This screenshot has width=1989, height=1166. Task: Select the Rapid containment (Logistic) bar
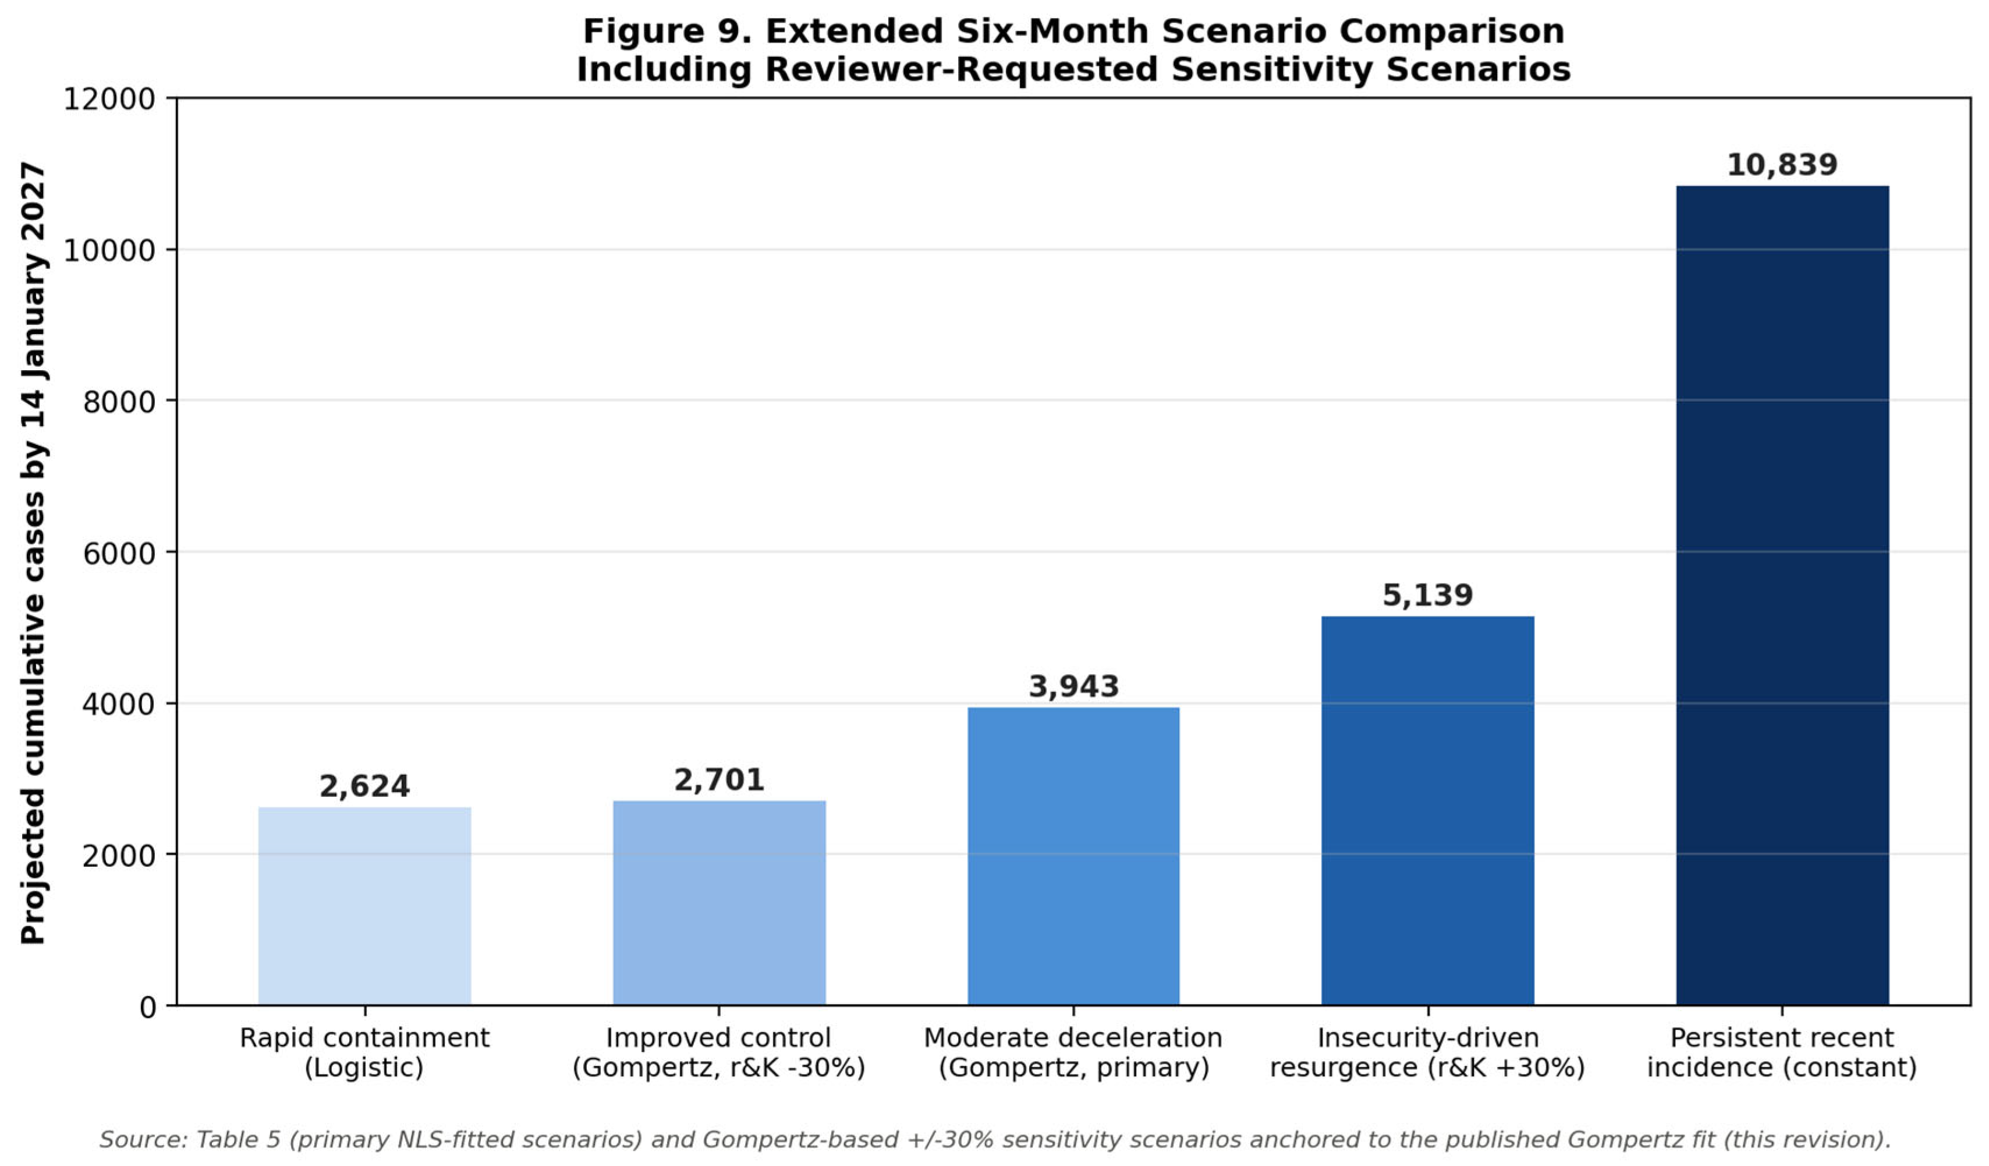(364, 906)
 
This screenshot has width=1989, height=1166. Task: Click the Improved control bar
(719, 903)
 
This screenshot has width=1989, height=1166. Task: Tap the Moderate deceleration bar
(1073, 856)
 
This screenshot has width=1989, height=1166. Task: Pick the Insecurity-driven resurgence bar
(1428, 811)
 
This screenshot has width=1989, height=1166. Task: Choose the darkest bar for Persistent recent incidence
(1782, 596)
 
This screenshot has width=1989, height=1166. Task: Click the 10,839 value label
(1782, 165)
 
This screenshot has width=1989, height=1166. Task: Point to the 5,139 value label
(1428, 596)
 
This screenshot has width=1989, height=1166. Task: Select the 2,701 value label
(719, 780)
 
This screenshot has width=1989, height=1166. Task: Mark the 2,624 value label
(364, 786)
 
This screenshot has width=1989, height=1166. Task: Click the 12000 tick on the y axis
(109, 100)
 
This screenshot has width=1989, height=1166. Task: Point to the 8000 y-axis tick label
(119, 402)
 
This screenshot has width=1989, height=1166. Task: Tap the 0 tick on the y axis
(148, 1007)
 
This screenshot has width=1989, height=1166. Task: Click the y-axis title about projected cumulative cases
(33, 552)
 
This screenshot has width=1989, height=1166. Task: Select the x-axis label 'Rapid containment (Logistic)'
(364, 1052)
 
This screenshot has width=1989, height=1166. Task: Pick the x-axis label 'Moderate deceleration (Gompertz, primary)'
(1073, 1052)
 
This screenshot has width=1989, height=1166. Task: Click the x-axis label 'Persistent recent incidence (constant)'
(1782, 1052)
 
